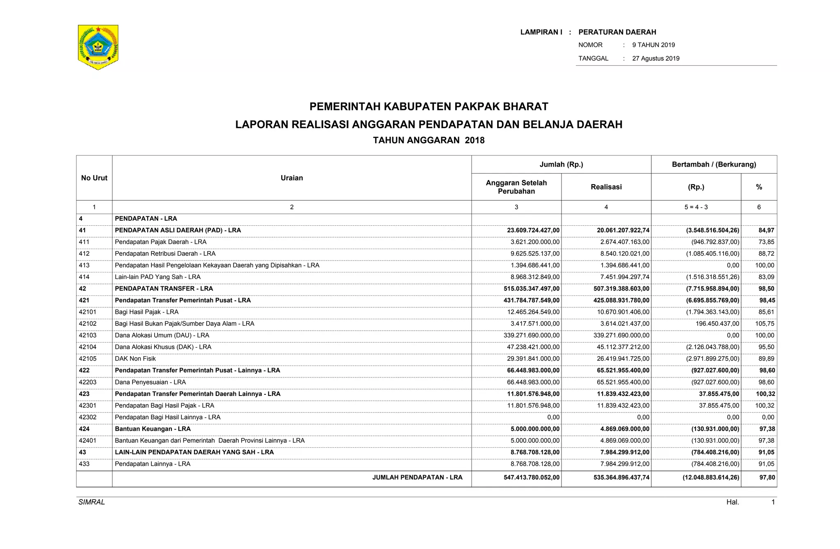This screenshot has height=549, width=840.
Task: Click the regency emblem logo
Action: click(x=98, y=47)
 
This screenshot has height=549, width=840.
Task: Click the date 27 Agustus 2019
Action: click(x=655, y=58)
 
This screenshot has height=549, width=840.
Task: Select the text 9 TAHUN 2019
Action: click(x=653, y=45)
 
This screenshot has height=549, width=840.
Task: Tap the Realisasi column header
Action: click(x=606, y=187)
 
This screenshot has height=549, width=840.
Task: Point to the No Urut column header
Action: click(x=94, y=178)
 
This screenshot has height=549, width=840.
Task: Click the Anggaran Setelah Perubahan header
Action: click(x=516, y=187)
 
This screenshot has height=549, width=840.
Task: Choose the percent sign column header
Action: click(x=759, y=187)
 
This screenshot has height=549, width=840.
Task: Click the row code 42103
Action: click(x=87, y=336)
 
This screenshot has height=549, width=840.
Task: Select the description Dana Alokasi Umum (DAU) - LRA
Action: click(x=162, y=336)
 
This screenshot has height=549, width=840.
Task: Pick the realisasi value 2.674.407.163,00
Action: click(x=625, y=242)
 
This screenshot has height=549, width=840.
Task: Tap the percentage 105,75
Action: click(x=765, y=324)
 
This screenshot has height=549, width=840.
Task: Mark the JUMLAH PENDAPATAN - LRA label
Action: click(x=417, y=478)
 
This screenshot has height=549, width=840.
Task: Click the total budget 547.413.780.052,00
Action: click(x=531, y=478)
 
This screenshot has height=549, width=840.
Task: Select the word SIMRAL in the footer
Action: click(x=91, y=502)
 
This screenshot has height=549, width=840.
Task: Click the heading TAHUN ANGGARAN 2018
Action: click(x=429, y=140)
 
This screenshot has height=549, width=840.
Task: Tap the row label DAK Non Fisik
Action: click(x=135, y=359)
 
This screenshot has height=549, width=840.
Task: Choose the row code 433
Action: click(x=84, y=464)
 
